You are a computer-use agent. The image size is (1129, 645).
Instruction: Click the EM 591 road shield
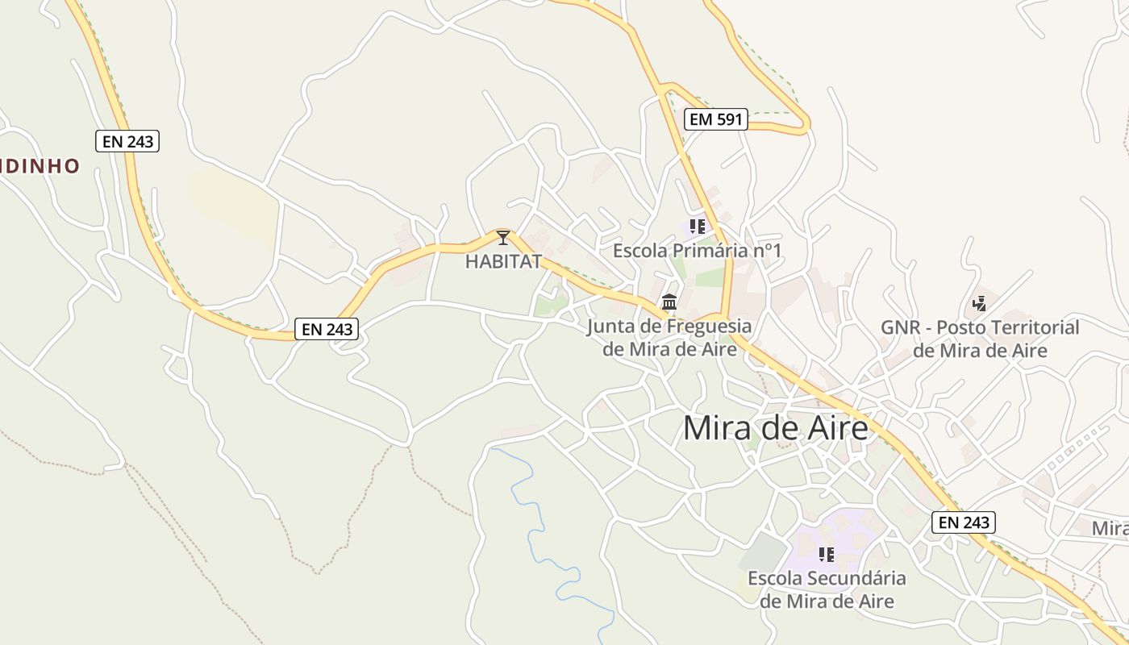pos(716,120)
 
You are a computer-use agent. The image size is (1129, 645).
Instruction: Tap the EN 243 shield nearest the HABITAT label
pos(326,329)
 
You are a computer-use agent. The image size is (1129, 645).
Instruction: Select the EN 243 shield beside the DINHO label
pos(127,141)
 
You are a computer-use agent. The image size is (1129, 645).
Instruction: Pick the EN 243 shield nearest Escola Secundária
pos(964,522)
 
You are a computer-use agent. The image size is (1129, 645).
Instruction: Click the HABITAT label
pos(503,261)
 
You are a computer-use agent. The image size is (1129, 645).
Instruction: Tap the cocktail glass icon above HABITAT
pos(503,237)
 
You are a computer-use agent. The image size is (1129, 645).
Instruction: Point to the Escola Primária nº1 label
pos(697,251)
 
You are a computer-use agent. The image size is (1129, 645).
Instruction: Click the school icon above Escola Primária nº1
pos(698,227)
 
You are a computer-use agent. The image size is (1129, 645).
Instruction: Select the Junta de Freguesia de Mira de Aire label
pos(669,338)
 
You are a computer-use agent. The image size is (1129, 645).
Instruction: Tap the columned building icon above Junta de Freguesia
pos(669,302)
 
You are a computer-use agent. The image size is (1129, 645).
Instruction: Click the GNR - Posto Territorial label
pos(980,339)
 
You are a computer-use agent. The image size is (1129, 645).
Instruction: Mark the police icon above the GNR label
pos(979,304)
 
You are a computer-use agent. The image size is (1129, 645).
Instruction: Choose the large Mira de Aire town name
pos(776,428)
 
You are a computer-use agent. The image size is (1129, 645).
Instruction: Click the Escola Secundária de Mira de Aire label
pos(827,589)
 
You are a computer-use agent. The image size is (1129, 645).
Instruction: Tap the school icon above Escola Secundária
pos(827,554)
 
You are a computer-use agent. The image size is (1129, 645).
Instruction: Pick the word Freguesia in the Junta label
pos(707,327)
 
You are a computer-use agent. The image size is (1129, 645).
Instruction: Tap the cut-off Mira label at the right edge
pos(1110,529)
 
